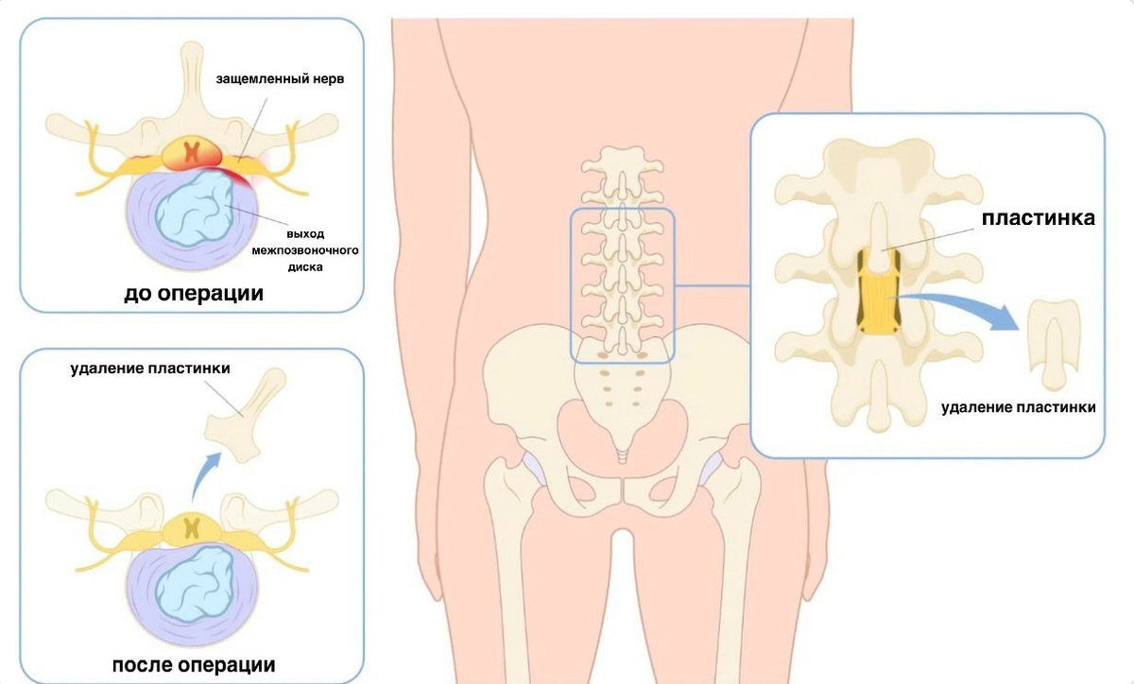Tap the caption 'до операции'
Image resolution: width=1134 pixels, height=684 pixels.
tap(193, 294)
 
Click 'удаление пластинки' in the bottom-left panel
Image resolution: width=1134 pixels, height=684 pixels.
tap(149, 368)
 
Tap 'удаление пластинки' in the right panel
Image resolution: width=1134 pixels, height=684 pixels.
tap(1019, 407)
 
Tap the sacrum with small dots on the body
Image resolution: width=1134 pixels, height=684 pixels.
tap(621, 387)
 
